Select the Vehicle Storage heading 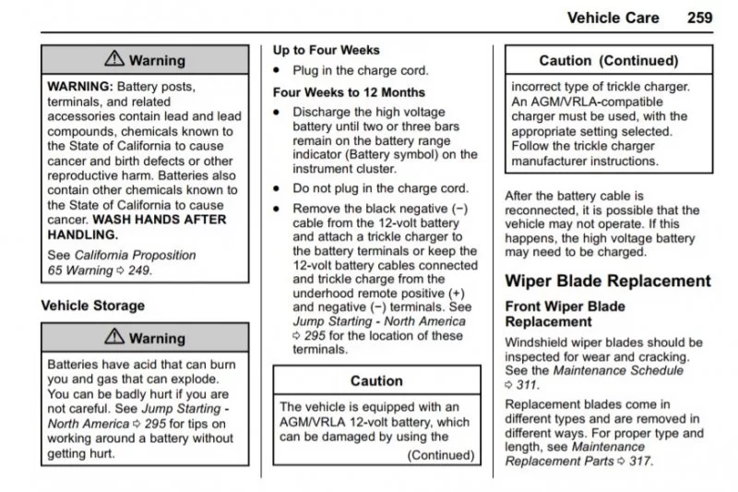coord(93,305)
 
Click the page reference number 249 coord(139,270)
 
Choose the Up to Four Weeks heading coord(326,50)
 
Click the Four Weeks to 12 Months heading coord(349,92)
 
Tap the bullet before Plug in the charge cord coord(277,71)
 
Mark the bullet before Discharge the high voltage coord(277,113)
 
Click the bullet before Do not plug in coord(277,188)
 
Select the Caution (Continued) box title coord(609,62)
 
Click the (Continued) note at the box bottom coord(441,454)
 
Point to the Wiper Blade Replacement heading coord(608,282)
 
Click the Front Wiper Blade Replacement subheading coord(565,314)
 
